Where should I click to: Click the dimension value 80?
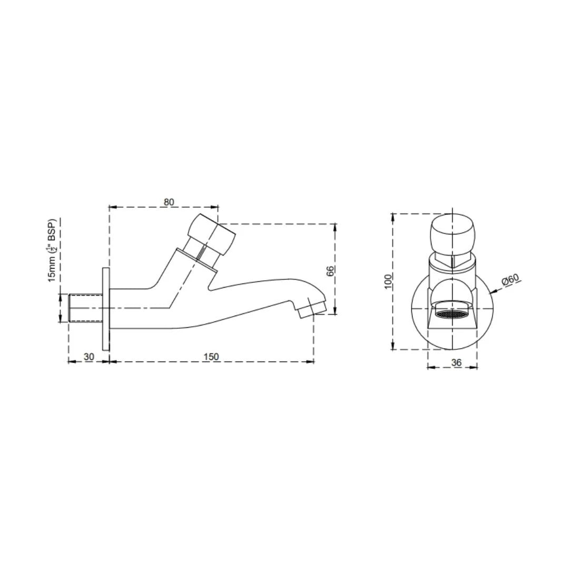point(169,202)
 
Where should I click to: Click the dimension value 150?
point(211,357)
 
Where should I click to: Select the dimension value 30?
point(89,357)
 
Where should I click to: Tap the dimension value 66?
point(330,271)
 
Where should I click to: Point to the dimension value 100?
point(388,281)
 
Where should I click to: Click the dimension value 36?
point(456,362)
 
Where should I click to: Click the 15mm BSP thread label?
point(53,251)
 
